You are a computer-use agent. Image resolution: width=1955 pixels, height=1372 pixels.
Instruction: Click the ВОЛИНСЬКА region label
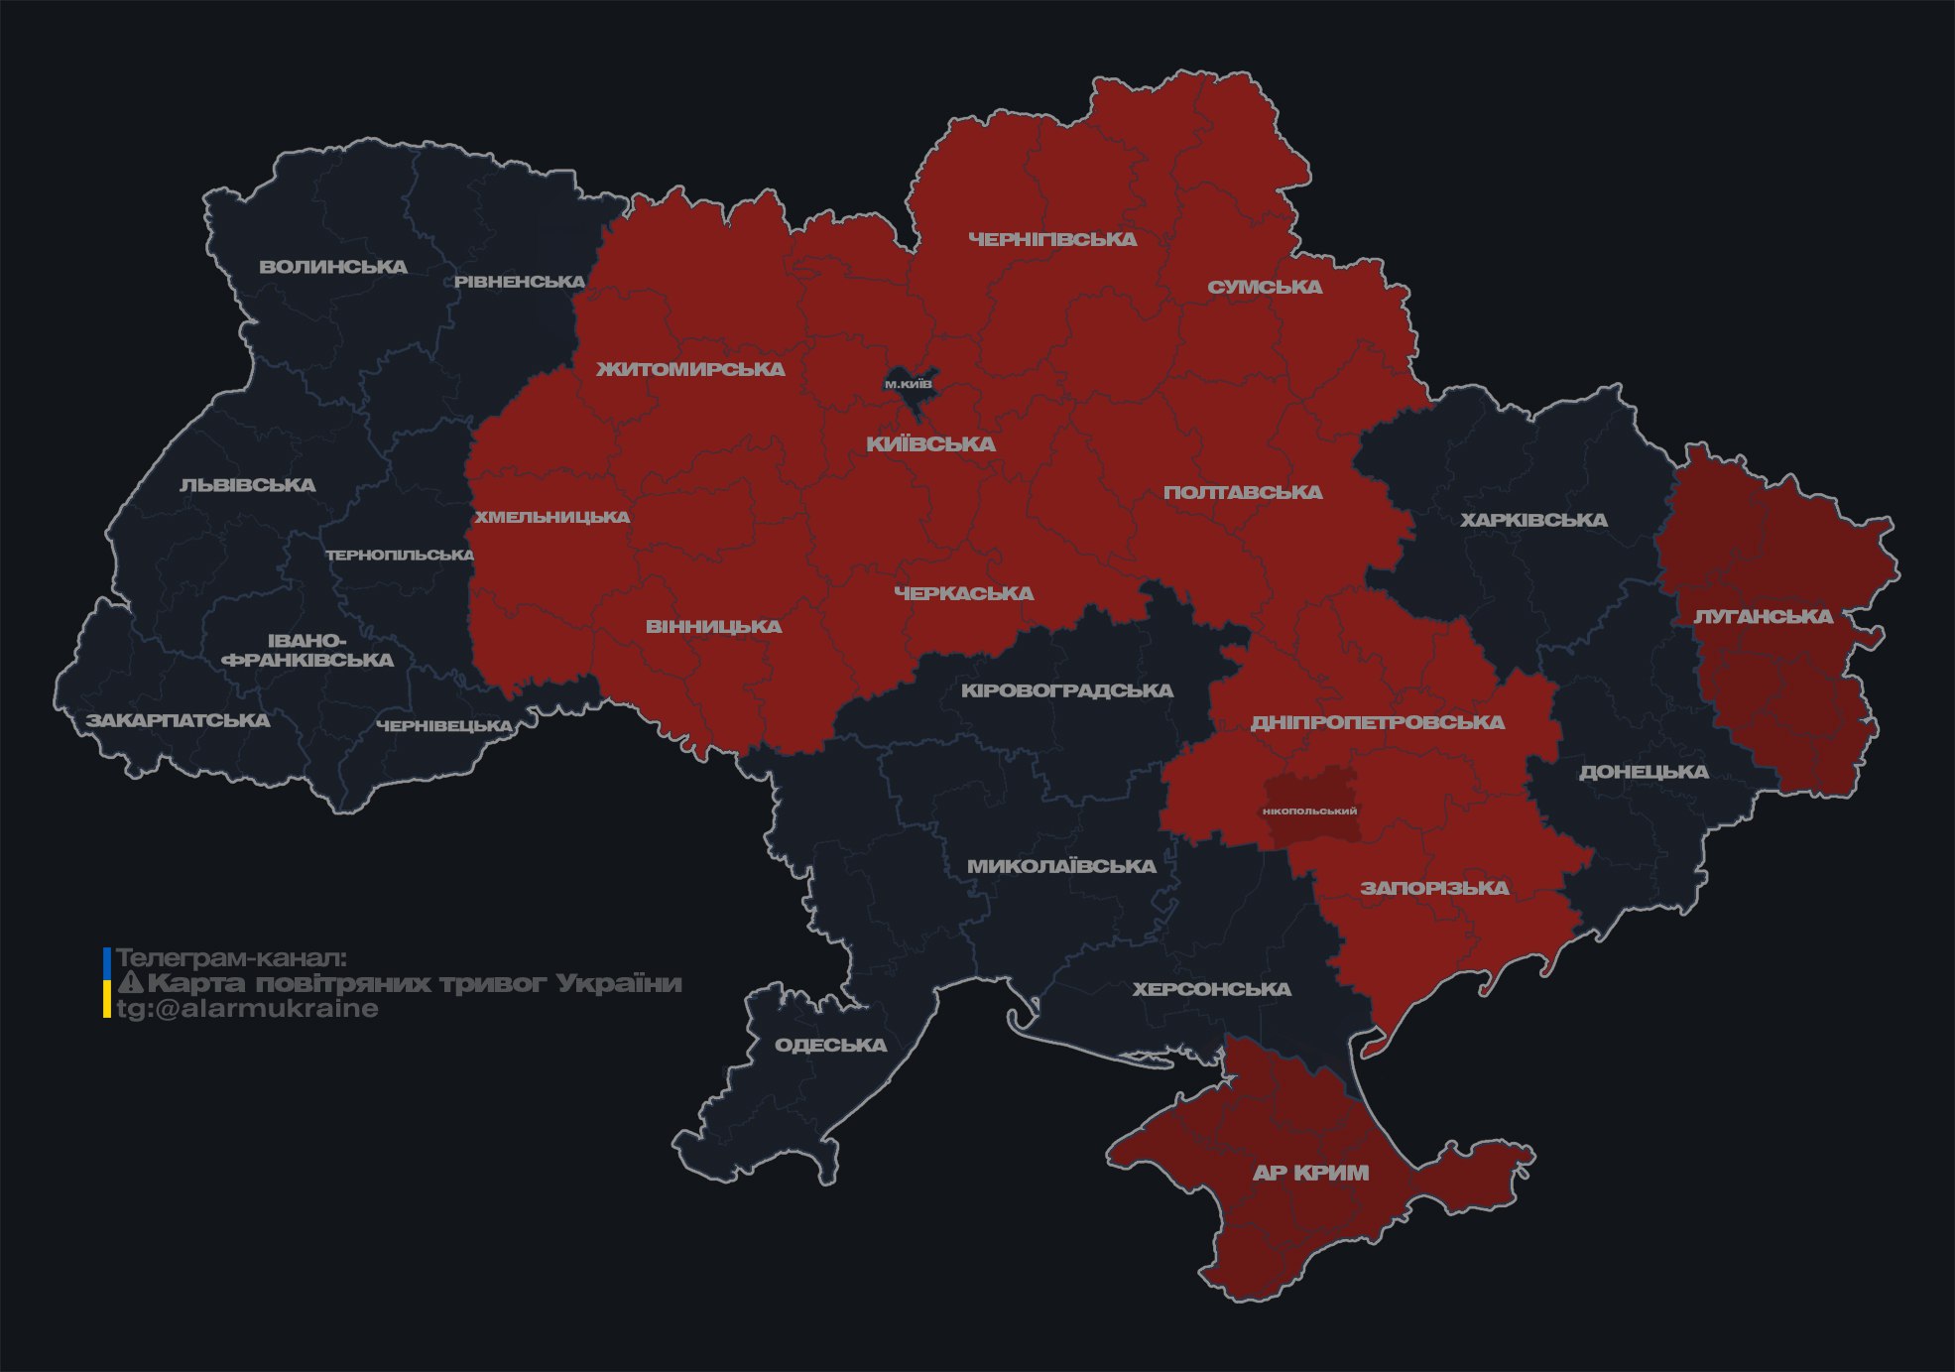(x=333, y=267)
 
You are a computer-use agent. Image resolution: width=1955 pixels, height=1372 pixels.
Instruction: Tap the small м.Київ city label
(x=909, y=384)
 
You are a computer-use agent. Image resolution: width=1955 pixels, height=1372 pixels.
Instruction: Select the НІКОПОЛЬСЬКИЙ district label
(x=1309, y=811)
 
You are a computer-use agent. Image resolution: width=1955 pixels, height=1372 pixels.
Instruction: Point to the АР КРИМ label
(x=1310, y=1173)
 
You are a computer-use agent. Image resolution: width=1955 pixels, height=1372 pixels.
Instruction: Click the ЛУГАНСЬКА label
(x=1763, y=616)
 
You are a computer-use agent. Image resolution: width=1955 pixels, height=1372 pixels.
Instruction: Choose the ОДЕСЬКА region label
(x=830, y=1045)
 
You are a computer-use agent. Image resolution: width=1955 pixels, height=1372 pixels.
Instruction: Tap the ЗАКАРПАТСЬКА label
(x=178, y=720)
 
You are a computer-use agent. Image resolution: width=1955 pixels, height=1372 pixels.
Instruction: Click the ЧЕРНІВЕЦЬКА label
(x=444, y=726)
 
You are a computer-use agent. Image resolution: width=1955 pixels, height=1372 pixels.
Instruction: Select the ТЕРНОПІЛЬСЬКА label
(x=400, y=555)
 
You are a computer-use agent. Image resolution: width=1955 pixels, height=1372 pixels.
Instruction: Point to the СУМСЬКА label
(x=1265, y=287)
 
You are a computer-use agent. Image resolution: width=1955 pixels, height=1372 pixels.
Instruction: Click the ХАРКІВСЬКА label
(x=1533, y=520)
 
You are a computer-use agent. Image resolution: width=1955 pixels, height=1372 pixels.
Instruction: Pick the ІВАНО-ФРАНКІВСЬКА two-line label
(x=307, y=651)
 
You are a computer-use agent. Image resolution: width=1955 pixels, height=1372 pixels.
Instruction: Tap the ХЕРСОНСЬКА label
(x=1212, y=989)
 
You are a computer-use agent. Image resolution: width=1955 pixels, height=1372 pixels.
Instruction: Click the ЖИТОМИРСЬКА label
(x=690, y=369)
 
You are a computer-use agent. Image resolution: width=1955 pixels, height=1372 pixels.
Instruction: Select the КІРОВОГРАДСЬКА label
(x=1066, y=690)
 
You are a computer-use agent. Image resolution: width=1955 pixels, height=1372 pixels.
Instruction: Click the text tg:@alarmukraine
(x=248, y=1009)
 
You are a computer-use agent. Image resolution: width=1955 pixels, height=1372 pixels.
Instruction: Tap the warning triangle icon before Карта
(x=130, y=983)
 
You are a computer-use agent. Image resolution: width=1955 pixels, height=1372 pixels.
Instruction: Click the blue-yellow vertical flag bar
(x=106, y=983)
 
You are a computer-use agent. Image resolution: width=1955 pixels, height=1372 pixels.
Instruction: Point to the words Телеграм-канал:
(x=232, y=958)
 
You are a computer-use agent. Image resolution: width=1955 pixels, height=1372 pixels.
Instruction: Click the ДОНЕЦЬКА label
(x=1644, y=772)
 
